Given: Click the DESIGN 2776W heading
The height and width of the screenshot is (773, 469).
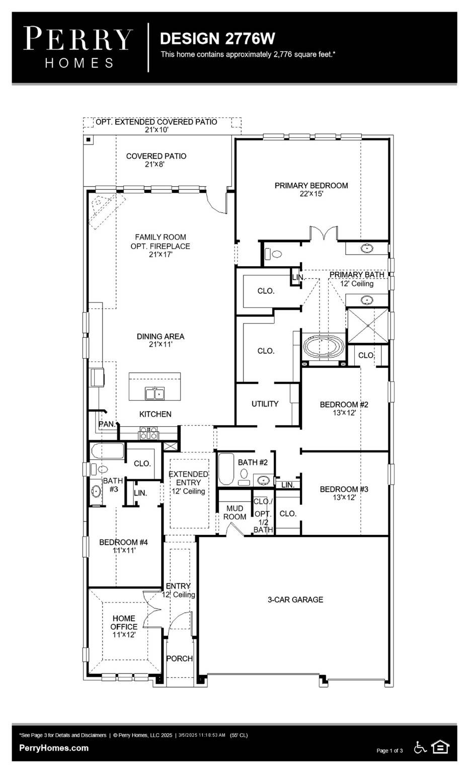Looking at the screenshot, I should tap(217, 39).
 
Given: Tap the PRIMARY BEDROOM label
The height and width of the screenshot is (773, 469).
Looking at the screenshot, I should tap(311, 186).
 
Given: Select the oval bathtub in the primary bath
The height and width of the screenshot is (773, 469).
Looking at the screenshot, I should tap(323, 347).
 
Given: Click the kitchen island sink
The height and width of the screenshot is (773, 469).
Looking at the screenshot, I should tap(154, 393).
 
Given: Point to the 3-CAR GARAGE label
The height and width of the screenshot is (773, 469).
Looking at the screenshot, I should tap(295, 599).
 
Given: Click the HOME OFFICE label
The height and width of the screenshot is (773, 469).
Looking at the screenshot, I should tap(124, 623).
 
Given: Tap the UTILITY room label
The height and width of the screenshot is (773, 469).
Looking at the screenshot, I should tap(265, 404).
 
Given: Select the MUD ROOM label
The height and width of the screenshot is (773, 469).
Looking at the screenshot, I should tap(234, 512).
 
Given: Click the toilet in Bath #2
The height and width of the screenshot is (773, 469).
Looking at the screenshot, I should tap(245, 474).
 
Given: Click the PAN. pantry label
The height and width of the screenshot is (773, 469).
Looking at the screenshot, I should tap(107, 424).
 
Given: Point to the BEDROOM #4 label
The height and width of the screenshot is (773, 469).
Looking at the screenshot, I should tap(123, 542).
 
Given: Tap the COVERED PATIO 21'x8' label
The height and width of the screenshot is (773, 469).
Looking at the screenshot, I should tap(156, 160).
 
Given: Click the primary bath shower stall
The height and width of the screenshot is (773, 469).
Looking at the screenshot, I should tap(368, 326).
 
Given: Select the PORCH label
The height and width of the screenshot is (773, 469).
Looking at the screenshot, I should tap(179, 658).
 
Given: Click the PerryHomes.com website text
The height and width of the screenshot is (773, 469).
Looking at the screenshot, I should tap(54, 748).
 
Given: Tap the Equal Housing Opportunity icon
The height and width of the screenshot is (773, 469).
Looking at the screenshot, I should tap(440, 747).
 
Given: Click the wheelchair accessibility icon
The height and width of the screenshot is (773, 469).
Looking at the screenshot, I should tap(420, 748).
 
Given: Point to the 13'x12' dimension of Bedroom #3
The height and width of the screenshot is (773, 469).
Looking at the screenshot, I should tap(344, 498).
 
